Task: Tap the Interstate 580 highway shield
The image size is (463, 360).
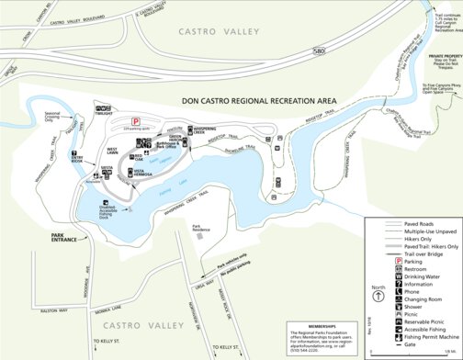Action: (317, 51)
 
